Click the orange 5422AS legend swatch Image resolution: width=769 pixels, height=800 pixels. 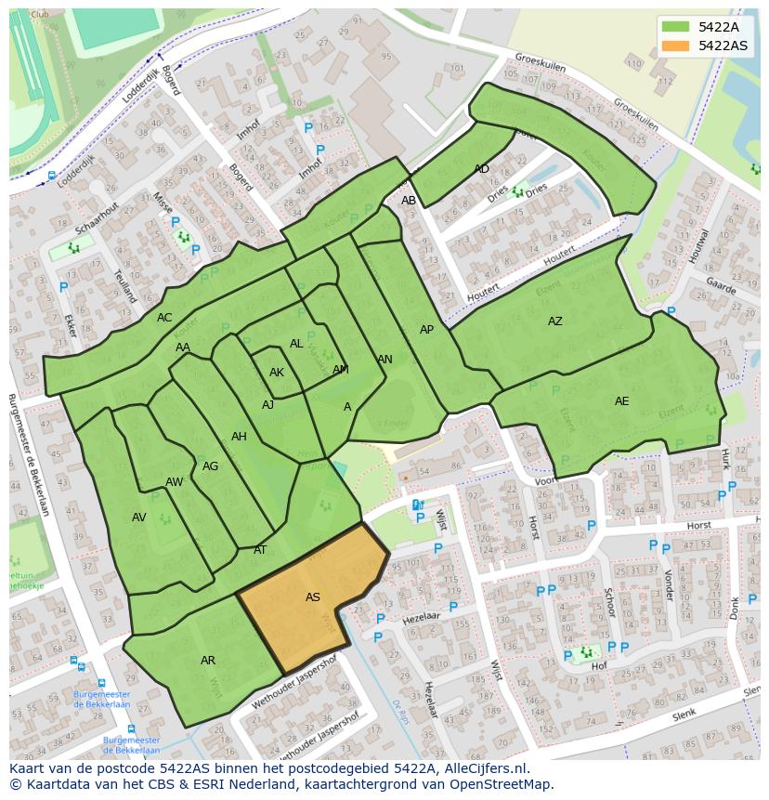[x=677, y=46]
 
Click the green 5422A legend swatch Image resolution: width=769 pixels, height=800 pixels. [x=677, y=27]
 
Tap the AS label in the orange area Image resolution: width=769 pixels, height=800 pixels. [x=313, y=597]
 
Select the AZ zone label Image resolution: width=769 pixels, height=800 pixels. [x=554, y=321]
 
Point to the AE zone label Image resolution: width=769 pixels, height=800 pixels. [x=621, y=401]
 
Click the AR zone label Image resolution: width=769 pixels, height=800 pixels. [x=208, y=661]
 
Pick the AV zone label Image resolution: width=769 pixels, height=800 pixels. [x=139, y=518]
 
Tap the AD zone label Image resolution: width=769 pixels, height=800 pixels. [x=481, y=169]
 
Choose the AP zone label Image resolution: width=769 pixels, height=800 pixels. [x=426, y=330]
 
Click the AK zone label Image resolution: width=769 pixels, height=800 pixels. [x=277, y=373]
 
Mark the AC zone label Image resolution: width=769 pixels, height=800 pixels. [x=164, y=318]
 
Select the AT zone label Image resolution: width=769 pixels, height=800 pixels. [x=260, y=550]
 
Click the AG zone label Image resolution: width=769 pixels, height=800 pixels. [x=210, y=466]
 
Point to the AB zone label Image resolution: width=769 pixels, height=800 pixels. [x=409, y=201]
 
